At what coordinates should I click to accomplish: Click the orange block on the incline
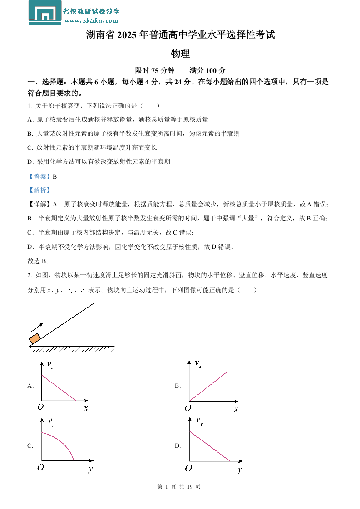click(x=35, y=338)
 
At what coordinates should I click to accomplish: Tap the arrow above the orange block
click(x=37, y=327)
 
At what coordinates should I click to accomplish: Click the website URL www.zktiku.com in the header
click(x=91, y=20)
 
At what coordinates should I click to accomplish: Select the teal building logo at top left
click(x=45, y=12)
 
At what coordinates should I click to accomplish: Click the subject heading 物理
click(x=180, y=54)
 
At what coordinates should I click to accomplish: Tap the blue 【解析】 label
click(x=39, y=191)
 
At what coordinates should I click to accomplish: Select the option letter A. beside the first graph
click(x=30, y=386)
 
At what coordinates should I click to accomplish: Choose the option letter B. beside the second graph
click(x=178, y=386)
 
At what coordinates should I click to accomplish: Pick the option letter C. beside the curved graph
click(x=30, y=446)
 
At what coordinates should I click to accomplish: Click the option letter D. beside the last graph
click(x=178, y=446)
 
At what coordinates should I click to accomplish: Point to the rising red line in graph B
click(x=208, y=387)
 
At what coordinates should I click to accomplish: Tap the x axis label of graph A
click(x=85, y=408)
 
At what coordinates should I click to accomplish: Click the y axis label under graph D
click(x=239, y=470)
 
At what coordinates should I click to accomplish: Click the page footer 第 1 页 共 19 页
click(x=179, y=487)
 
